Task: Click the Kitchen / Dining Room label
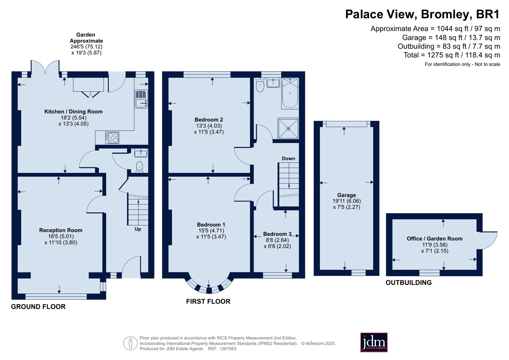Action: point(73,111)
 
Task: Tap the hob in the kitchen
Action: point(112,138)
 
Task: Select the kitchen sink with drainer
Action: point(141,99)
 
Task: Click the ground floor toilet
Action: point(139,167)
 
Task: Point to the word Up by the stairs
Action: point(138,229)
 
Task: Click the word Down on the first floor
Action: point(288,158)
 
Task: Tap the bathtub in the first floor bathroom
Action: point(290,93)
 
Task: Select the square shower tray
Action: point(288,129)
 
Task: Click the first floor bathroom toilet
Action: point(260,85)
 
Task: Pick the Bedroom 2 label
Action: point(209,120)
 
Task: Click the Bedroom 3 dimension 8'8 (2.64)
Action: point(277,240)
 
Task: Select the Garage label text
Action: point(346,195)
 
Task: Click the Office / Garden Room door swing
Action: point(489,240)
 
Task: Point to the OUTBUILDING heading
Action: point(408,282)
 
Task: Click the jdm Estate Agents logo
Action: point(373,342)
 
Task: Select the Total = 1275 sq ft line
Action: point(451,55)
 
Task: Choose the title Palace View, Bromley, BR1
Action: point(422,14)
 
